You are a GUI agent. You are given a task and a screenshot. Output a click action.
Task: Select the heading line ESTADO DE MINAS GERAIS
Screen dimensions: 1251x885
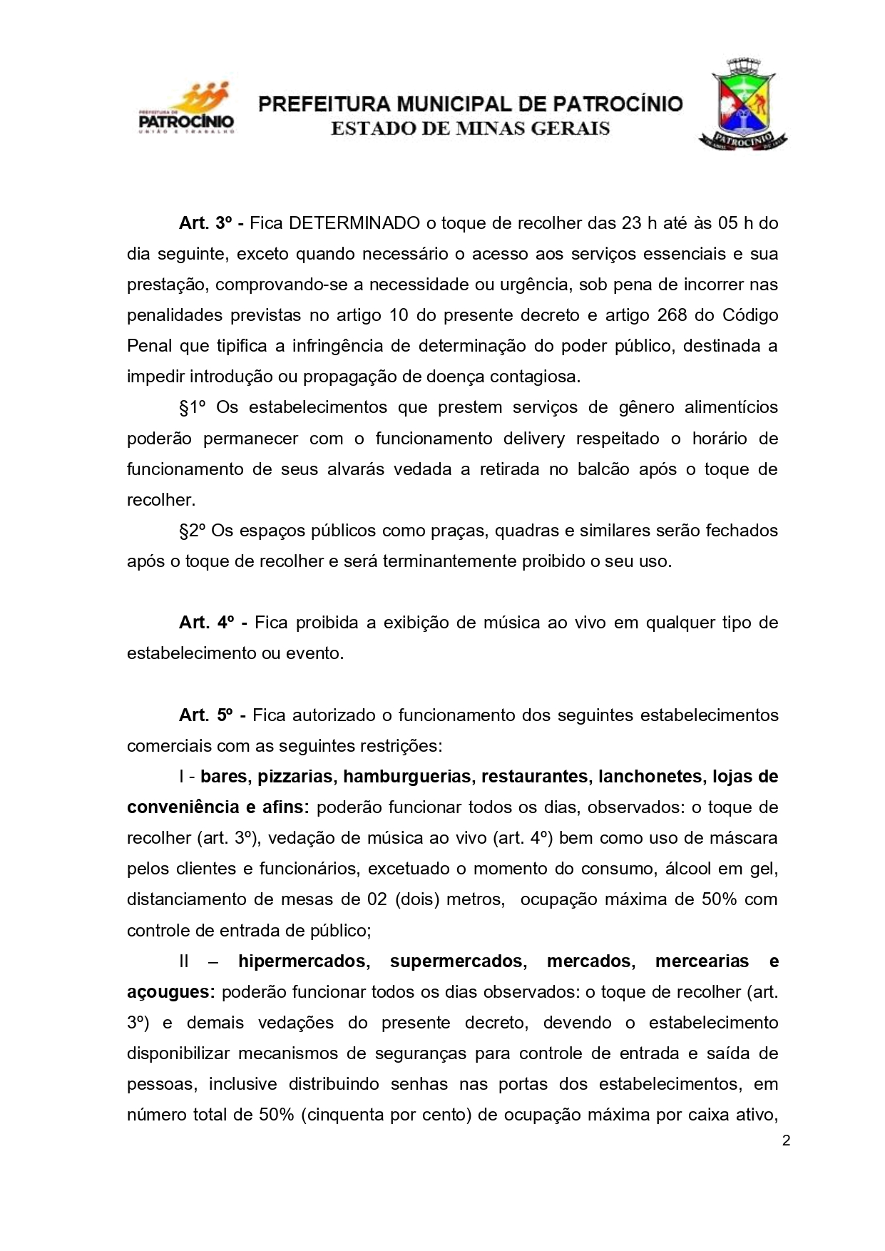pyautogui.click(x=470, y=129)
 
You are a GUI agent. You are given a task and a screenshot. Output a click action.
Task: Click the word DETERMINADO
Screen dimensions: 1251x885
pyautogui.click(x=354, y=223)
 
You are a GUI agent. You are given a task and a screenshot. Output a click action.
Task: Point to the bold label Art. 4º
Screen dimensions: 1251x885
pyautogui.click(x=208, y=623)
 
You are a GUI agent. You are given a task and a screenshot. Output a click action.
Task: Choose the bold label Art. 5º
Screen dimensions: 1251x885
pyautogui.click(x=208, y=715)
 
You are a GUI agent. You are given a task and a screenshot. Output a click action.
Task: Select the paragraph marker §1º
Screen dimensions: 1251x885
pyautogui.click(x=193, y=408)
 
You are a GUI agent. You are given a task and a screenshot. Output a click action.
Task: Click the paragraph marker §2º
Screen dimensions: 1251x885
pyautogui.click(x=193, y=531)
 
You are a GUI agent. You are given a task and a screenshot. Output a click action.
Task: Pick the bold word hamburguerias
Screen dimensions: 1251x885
pyautogui.click(x=407, y=777)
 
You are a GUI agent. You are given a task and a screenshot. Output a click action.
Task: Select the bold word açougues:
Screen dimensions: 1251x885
pyautogui.click(x=170, y=992)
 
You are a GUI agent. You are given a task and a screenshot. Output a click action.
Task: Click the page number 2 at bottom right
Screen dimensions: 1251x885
pyautogui.click(x=786, y=1140)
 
